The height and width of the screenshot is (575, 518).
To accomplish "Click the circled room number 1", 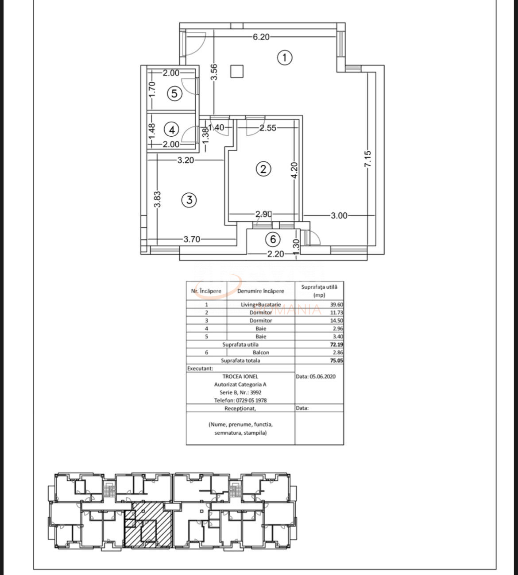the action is click(x=284, y=57).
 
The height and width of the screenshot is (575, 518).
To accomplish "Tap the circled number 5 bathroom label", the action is click(x=174, y=93).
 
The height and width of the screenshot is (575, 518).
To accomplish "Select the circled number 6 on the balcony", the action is click(x=273, y=239).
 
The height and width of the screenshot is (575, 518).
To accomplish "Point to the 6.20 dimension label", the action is click(x=261, y=37).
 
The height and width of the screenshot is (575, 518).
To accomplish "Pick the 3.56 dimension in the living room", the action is click(x=214, y=72).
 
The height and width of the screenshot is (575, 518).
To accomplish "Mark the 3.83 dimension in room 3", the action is click(x=157, y=199).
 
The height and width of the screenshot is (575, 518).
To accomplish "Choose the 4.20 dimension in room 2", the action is click(x=294, y=170).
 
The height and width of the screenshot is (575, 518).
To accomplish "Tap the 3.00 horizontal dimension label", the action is click(x=339, y=215).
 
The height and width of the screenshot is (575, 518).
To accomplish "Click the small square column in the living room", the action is click(x=237, y=71).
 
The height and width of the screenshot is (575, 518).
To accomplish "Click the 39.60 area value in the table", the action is click(x=336, y=304).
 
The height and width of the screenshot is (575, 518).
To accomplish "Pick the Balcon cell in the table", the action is click(x=261, y=353).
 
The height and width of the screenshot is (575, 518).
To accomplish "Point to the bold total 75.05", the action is click(x=336, y=360).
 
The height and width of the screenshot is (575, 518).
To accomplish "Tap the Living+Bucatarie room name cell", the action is click(x=261, y=304).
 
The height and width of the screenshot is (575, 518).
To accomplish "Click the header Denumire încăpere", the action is click(x=261, y=291).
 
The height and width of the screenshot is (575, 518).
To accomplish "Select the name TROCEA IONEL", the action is click(x=240, y=376).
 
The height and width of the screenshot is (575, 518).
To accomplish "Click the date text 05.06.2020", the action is click(x=323, y=376).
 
